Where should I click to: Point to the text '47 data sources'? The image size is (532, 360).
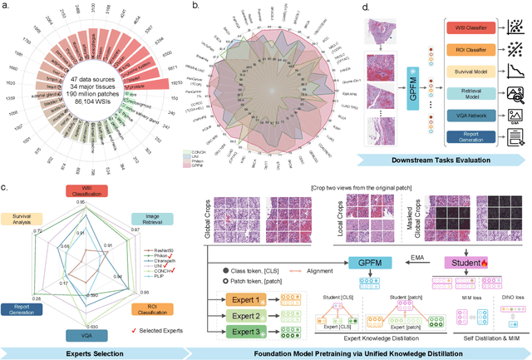tap(87, 80)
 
